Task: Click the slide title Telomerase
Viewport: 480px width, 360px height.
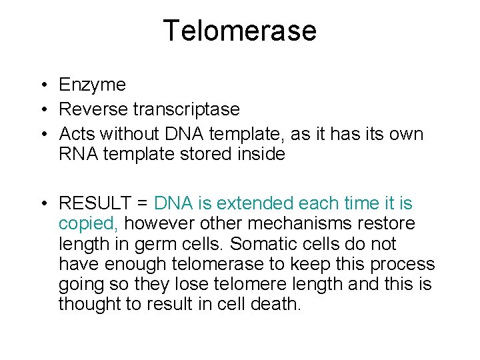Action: pos(239,31)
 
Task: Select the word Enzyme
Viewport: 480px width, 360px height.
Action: pos(92,85)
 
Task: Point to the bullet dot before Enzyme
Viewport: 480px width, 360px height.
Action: pos(41,85)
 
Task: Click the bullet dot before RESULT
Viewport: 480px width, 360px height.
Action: pos(41,203)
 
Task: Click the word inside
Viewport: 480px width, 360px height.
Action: pos(265,154)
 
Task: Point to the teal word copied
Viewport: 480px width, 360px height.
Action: pos(87,223)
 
